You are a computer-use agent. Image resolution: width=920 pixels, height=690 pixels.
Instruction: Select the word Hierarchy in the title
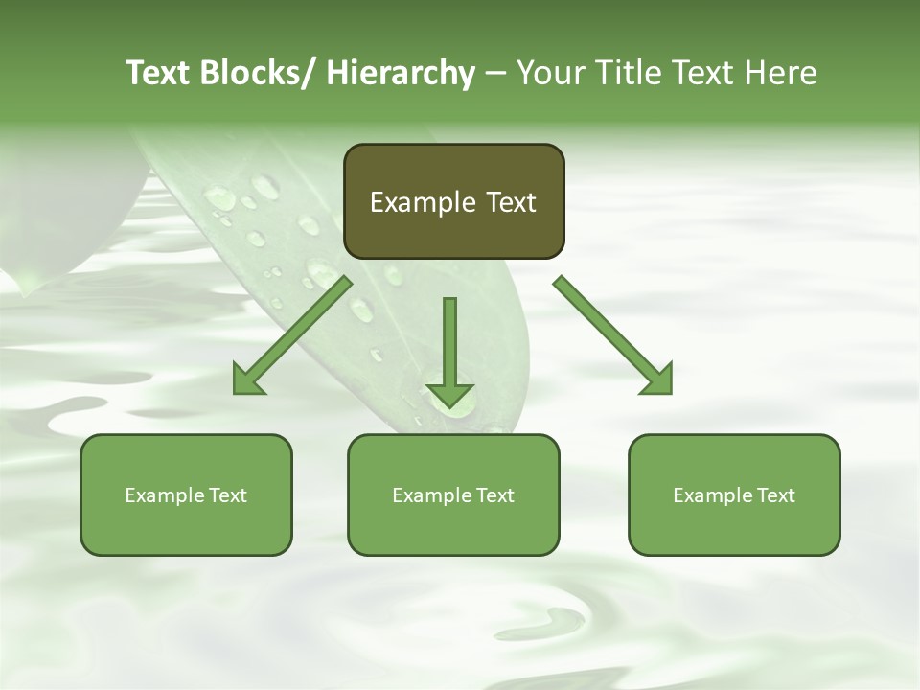tap(401, 74)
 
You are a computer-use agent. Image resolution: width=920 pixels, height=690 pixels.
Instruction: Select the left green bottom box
tap(186, 494)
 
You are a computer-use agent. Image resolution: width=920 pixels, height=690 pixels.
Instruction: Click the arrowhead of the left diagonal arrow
tap(247, 380)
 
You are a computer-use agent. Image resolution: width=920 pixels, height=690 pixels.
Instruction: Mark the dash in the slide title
tap(495, 74)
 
